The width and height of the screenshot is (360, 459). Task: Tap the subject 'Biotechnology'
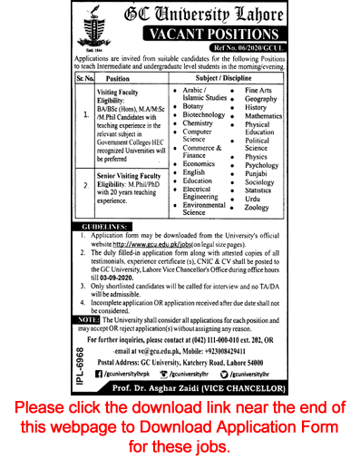point(204,127)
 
